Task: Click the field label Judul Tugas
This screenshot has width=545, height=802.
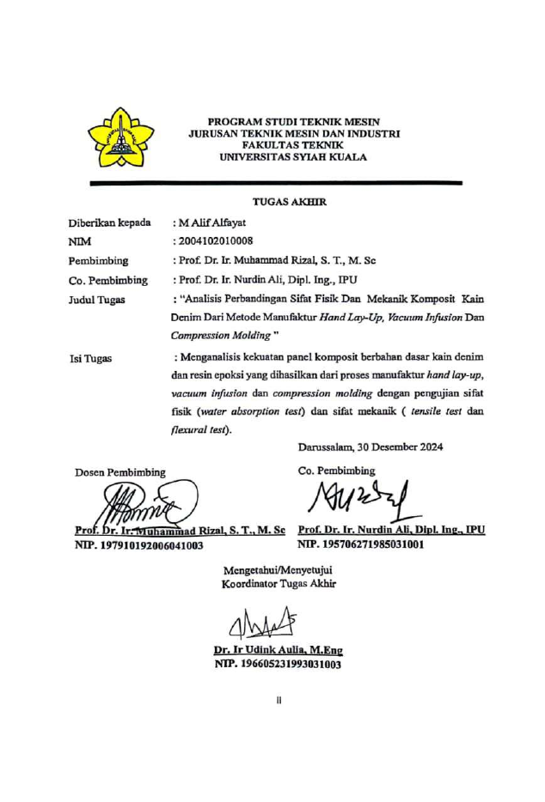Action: pos(97,300)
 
